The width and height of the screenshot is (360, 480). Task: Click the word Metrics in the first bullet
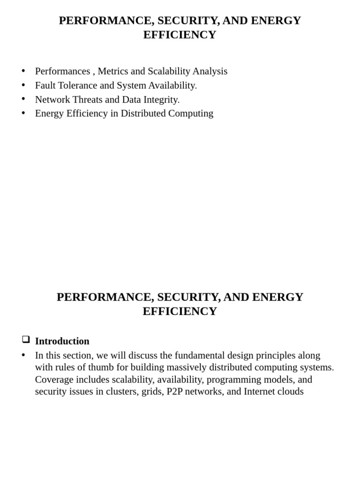coord(113,71)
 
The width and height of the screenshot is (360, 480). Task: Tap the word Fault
coord(45,85)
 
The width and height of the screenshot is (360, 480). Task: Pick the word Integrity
coord(161,99)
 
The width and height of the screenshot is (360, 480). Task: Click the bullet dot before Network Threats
coord(23,99)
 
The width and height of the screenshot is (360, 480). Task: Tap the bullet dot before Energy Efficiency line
coord(23,113)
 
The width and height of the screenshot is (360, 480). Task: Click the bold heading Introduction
coord(62,341)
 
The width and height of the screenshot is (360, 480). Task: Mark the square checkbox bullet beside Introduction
coord(26,339)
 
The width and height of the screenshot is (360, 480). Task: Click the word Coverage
coord(54,380)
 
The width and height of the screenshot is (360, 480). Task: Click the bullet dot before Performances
coord(23,71)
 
